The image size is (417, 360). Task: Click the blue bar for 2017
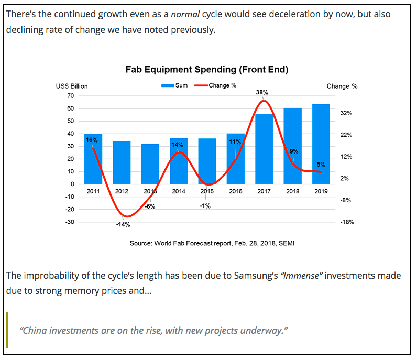[264, 149]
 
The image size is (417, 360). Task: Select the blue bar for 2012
[122, 162]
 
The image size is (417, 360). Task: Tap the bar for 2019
[321, 144]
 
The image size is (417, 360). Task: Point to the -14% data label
[123, 225]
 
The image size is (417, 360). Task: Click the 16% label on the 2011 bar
[92, 140]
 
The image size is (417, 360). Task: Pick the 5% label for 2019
[321, 165]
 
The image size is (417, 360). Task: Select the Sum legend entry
[175, 85]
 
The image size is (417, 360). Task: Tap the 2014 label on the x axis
[179, 191]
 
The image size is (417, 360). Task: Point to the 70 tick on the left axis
[71, 96]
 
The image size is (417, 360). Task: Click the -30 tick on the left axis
[70, 222]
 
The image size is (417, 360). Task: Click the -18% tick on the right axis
[346, 222]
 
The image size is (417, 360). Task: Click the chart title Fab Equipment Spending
[207, 69]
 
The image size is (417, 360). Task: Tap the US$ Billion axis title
[72, 86]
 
